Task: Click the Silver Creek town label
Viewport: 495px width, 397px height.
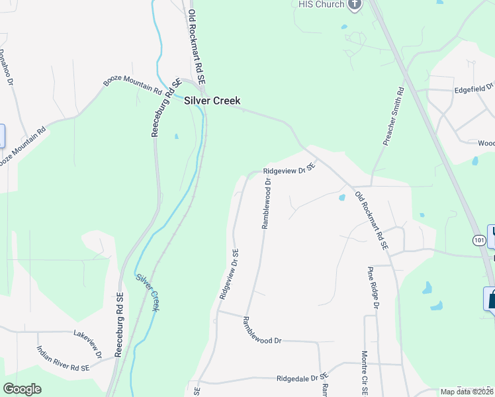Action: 212,101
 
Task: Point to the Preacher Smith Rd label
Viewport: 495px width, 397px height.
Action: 392,118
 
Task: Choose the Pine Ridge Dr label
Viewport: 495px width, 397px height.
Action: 373,288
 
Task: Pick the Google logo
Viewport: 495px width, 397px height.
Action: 22,389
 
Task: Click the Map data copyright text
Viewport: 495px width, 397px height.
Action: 467,392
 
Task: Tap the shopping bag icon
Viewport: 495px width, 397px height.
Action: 491,298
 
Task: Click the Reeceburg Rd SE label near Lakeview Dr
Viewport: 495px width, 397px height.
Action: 119,326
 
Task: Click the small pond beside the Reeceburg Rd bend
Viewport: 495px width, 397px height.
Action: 176,137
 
